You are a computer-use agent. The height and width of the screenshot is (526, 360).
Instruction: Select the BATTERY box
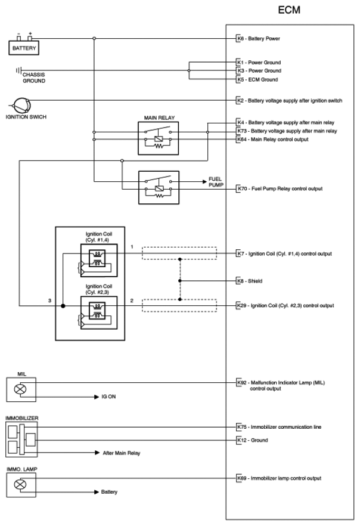[24, 48]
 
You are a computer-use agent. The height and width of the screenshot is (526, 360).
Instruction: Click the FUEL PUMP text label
[215, 182]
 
